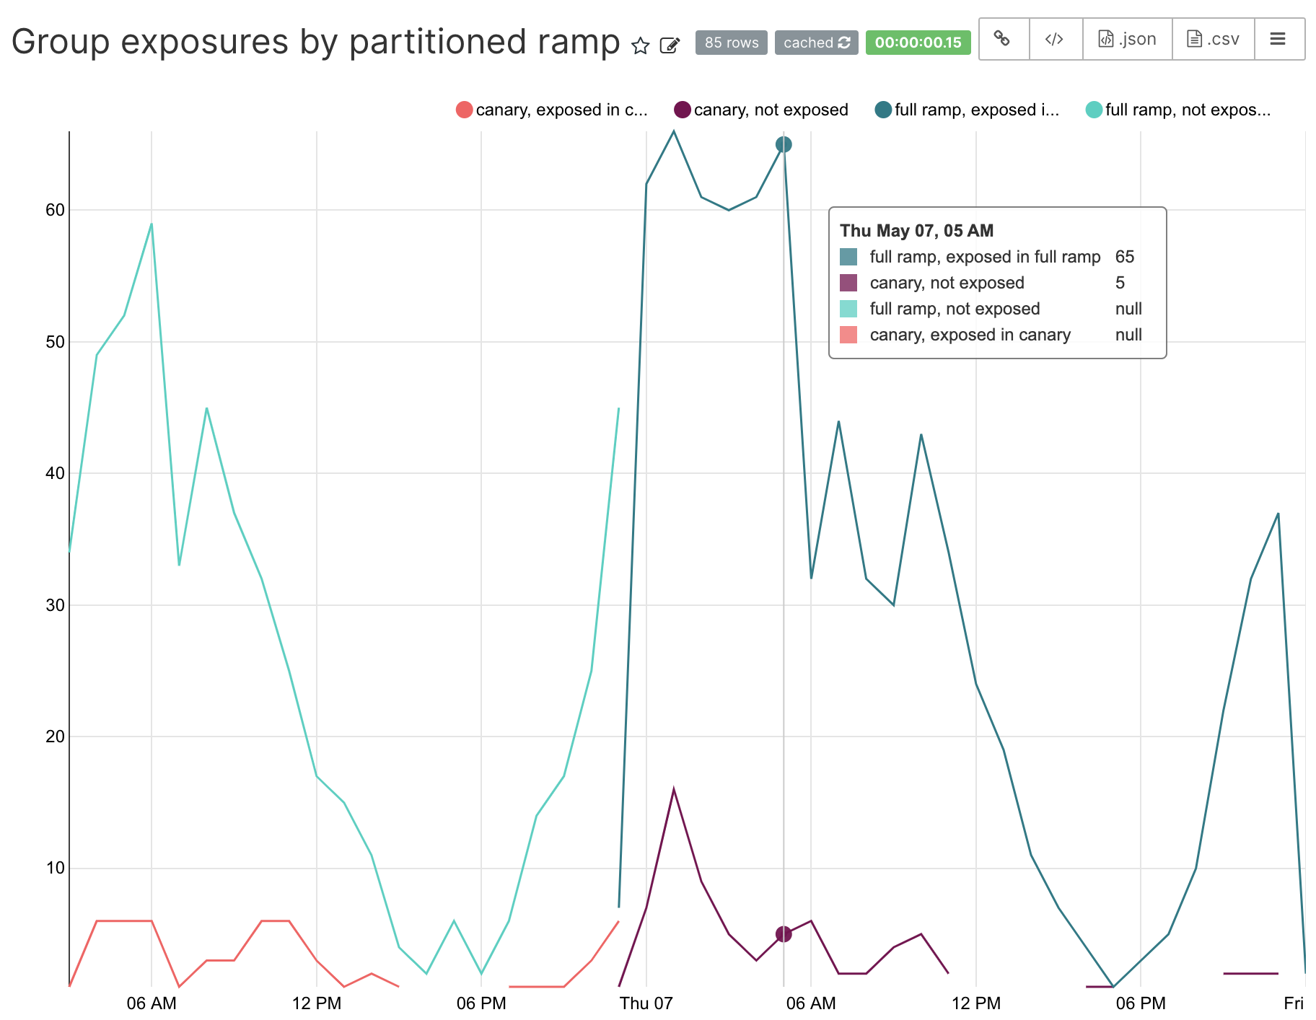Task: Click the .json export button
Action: click(1127, 39)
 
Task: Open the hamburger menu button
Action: click(1278, 39)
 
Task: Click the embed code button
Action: click(1055, 39)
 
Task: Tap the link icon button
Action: click(1002, 39)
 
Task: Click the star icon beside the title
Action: click(640, 46)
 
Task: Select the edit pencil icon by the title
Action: click(670, 46)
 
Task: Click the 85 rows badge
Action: click(731, 43)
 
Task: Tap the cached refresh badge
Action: click(816, 43)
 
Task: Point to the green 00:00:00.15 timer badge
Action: click(918, 43)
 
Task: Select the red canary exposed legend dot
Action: click(465, 110)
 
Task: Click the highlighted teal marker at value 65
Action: click(784, 144)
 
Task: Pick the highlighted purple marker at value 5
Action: click(784, 934)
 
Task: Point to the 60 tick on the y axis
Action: click(55, 210)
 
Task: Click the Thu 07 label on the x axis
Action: click(646, 1003)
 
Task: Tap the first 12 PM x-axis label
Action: click(316, 1003)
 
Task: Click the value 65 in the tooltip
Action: click(1124, 257)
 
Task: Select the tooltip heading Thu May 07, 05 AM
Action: click(916, 231)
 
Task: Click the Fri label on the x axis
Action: click(1293, 1003)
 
